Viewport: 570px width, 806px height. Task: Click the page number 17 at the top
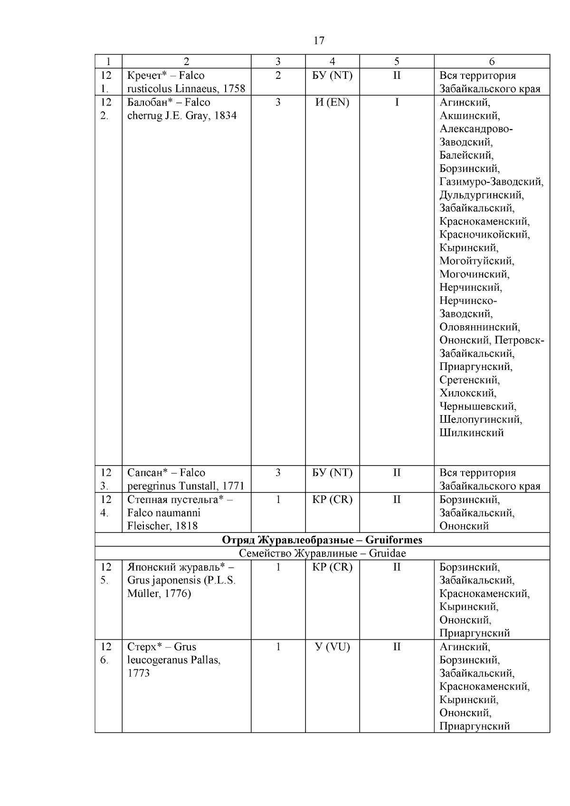click(319, 40)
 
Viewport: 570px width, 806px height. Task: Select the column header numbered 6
click(492, 61)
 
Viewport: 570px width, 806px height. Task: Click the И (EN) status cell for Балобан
click(332, 102)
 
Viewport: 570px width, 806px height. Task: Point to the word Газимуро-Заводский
click(491, 181)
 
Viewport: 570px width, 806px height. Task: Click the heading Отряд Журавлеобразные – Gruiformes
click(322, 540)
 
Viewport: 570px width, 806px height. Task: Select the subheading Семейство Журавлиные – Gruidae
click(322, 553)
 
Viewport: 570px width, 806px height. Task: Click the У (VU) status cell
click(332, 647)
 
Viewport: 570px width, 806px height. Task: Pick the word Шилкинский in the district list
click(471, 433)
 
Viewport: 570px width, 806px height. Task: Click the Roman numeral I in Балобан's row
click(397, 102)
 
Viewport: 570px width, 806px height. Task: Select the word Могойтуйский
click(476, 261)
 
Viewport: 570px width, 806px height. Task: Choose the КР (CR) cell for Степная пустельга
click(332, 500)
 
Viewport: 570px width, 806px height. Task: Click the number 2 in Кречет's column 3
click(278, 76)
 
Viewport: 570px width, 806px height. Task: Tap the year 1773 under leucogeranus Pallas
click(138, 673)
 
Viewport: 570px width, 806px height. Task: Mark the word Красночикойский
click(484, 235)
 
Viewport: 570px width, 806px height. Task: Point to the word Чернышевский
click(477, 407)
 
